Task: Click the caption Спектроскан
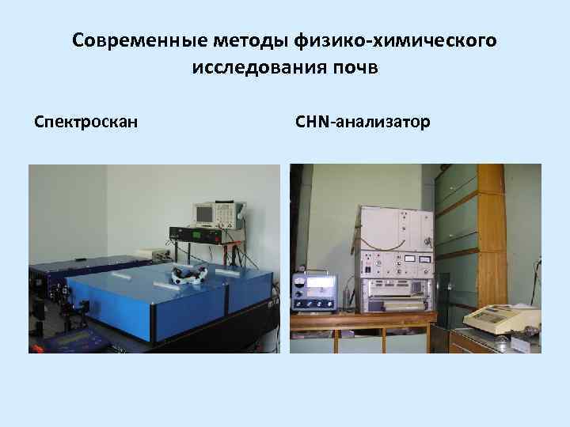point(86,123)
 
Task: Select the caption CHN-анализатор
point(363,123)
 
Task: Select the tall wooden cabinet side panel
point(491,237)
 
